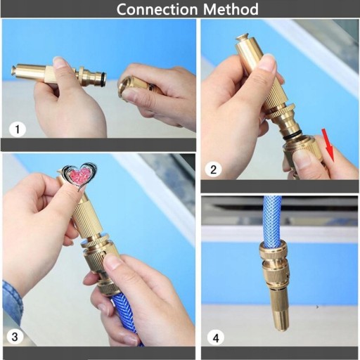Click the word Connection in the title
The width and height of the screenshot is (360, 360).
(x=157, y=9)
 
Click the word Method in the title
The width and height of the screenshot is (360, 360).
(x=231, y=9)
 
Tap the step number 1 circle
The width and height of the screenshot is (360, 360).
(x=18, y=129)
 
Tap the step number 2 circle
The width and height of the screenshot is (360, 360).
(x=213, y=169)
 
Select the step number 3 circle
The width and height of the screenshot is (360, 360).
(x=15, y=337)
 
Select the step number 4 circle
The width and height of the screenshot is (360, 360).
(x=216, y=337)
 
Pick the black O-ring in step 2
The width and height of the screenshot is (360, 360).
(x=291, y=137)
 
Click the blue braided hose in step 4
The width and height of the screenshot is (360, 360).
(x=273, y=221)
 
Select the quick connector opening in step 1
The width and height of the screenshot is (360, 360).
(x=124, y=89)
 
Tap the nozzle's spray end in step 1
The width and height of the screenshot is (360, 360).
(x=14, y=72)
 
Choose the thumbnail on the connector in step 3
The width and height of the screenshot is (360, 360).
(x=112, y=262)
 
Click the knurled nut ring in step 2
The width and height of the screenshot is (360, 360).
(x=280, y=111)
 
